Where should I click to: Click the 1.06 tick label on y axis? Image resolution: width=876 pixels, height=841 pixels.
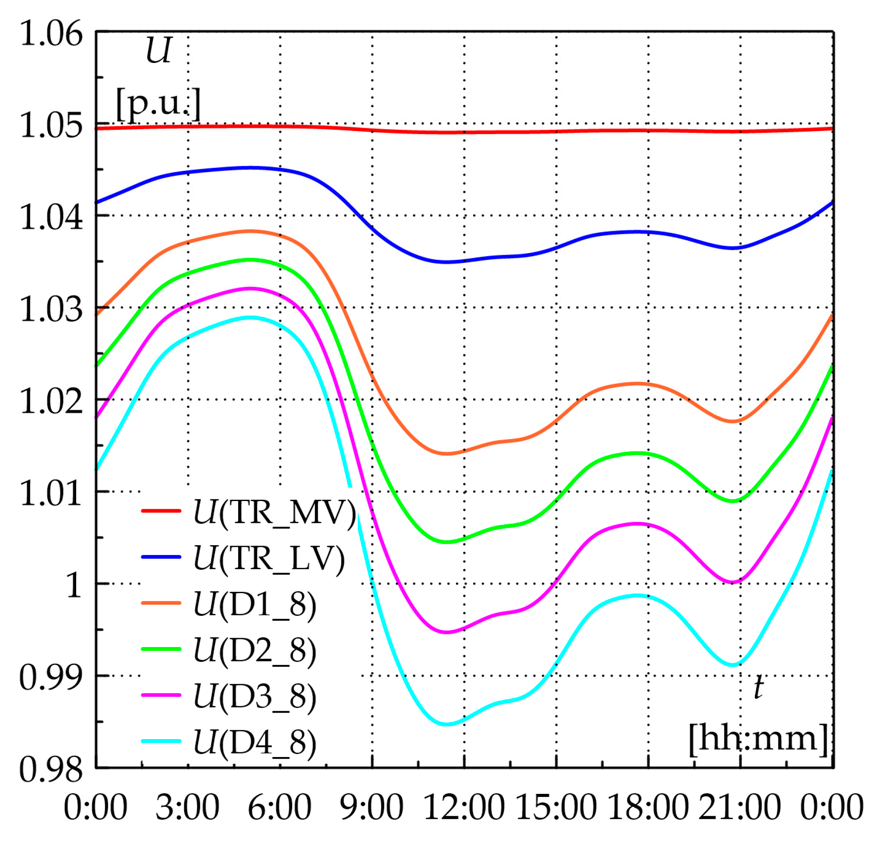[x=51, y=34]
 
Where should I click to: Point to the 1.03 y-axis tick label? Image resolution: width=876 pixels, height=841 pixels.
[x=51, y=310]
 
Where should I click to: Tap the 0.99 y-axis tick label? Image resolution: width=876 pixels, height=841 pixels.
[x=51, y=677]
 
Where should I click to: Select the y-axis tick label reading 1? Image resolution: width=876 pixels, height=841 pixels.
[x=74, y=585]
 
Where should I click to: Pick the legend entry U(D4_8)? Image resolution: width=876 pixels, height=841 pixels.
[x=255, y=743]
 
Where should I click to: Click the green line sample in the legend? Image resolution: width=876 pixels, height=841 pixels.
[x=161, y=649]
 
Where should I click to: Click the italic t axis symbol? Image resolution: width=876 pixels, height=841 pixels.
[x=758, y=688]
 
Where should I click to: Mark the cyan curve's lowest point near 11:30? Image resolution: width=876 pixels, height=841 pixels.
[x=447, y=724]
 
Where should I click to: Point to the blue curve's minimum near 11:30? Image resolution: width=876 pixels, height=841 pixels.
[x=447, y=262]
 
